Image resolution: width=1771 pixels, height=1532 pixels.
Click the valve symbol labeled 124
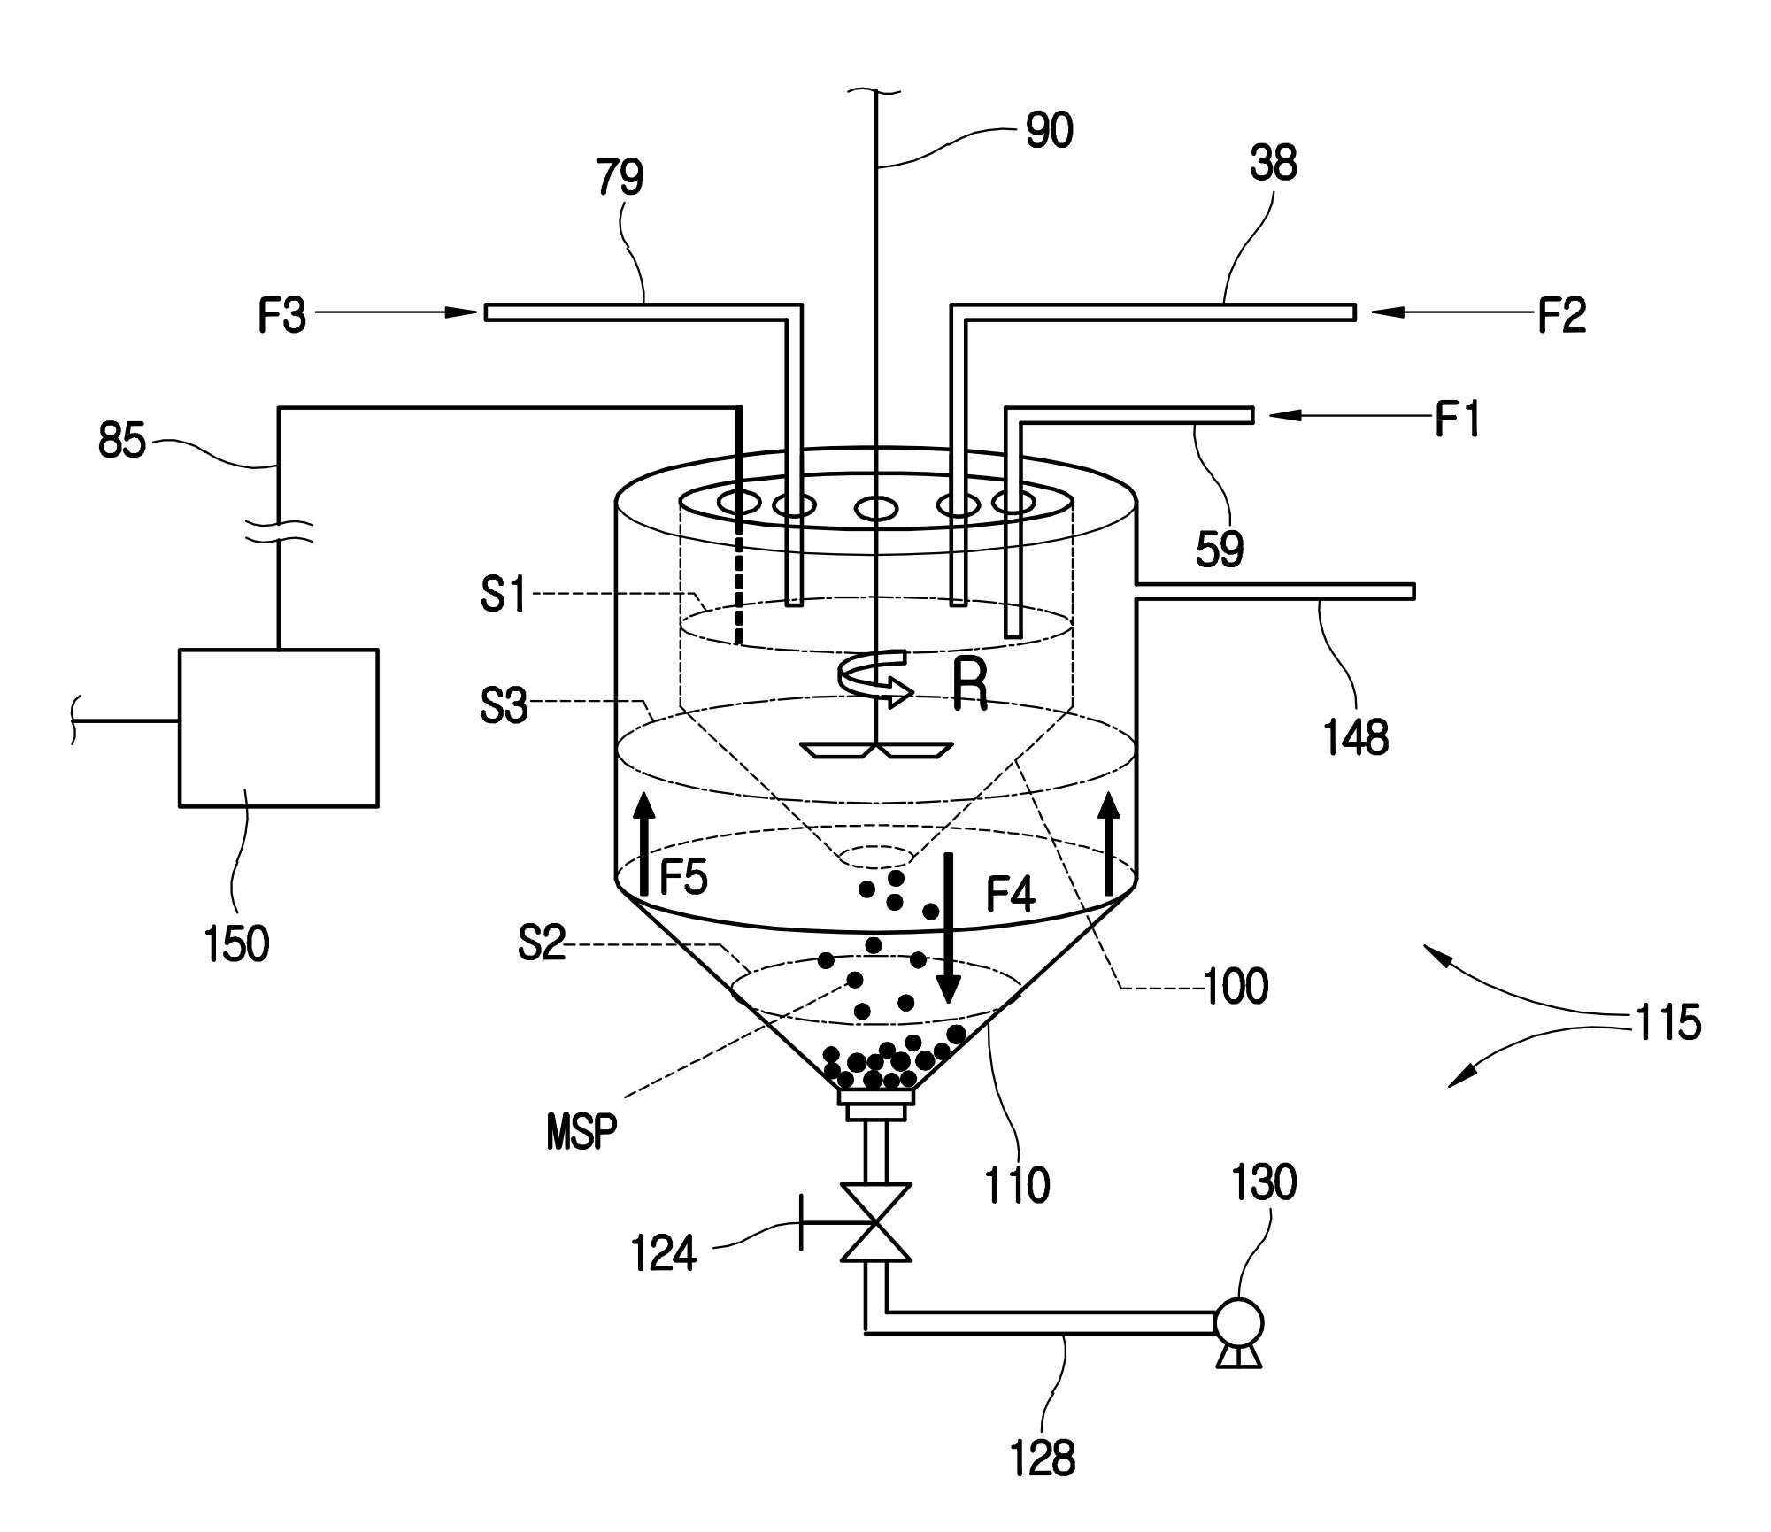click(x=875, y=1222)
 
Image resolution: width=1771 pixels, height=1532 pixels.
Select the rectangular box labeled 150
click(x=279, y=728)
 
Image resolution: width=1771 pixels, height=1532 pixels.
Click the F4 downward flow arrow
click(x=950, y=928)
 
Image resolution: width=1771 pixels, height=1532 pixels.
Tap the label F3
click(x=281, y=316)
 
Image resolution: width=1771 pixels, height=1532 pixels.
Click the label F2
click(x=1561, y=315)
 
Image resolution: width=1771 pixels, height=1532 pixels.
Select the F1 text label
click(x=1457, y=419)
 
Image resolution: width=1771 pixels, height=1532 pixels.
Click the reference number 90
click(x=1049, y=130)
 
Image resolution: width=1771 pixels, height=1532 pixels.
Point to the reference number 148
click(x=1356, y=736)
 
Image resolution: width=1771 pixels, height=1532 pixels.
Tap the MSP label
click(x=581, y=1132)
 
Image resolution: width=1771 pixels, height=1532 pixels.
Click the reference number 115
click(x=1667, y=1021)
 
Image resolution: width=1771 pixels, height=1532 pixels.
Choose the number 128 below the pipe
click(x=1043, y=1459)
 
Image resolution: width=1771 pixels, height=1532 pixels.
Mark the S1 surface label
click(x=504, y=594)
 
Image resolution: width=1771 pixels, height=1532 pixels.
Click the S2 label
click(x=542, y=943)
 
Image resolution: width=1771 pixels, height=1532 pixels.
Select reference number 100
click(x=1236, y=986)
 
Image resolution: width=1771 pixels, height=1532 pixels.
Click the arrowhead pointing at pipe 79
click(x=460, y=312)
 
